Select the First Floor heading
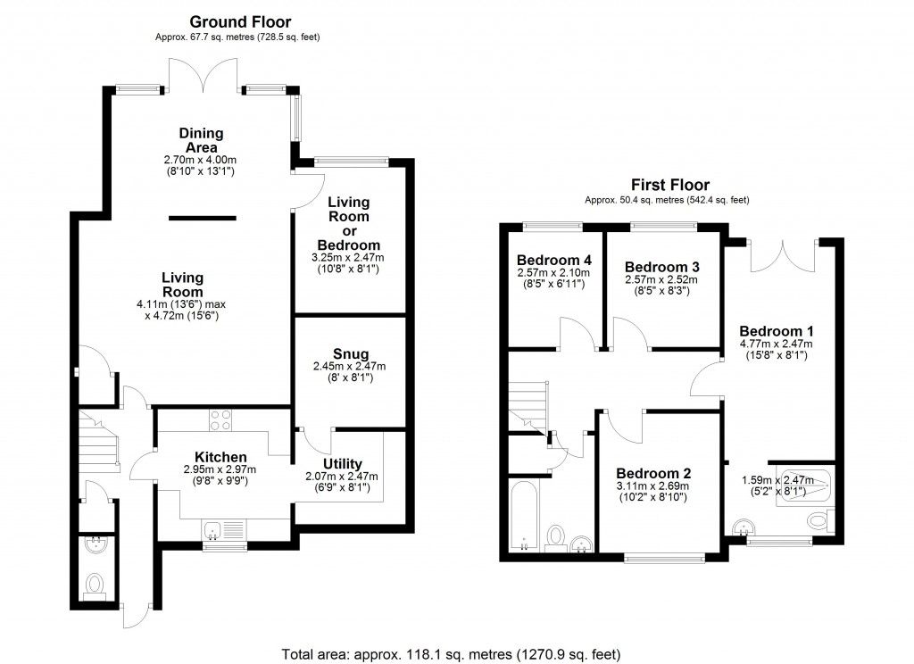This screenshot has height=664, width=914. [665, 185]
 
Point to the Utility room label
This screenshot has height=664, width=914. [342, 463]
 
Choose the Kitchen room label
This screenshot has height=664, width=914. [214, 458]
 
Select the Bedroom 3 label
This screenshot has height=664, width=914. [661, 267]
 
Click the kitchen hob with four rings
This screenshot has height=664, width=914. [220, 419]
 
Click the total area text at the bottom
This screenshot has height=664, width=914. [451, 652]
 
